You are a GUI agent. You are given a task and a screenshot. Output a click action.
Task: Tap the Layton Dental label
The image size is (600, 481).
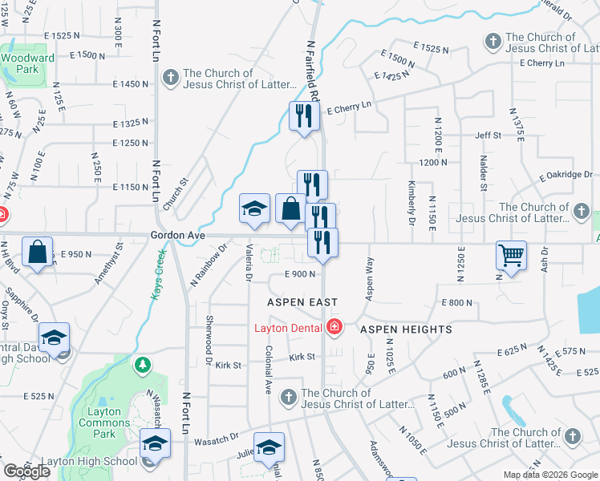click(x=288, y=327)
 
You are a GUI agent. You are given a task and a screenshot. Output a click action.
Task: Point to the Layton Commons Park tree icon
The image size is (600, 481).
click(x=143, y=366)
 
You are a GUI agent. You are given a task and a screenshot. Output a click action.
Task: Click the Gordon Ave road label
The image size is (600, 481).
click(x=177, y=236)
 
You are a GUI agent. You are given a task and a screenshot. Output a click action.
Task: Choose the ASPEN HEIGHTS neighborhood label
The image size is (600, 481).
click(x=406, y=329)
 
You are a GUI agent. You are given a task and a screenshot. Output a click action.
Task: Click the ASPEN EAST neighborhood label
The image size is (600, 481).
click(x=302, y=301)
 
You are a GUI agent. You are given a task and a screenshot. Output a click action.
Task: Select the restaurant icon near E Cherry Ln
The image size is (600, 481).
click(x=302, y=116)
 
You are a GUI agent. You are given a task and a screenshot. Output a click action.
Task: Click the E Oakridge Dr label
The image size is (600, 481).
click(x=564, y=174)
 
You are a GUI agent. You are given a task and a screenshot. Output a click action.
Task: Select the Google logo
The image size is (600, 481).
click(x=26, y=471)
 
